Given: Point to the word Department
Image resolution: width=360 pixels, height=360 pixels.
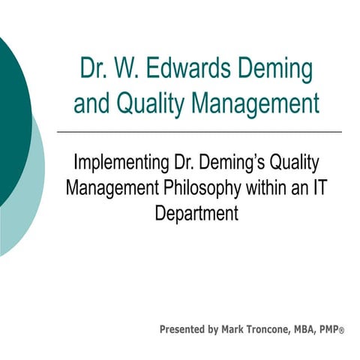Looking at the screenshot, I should coord(196,212).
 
